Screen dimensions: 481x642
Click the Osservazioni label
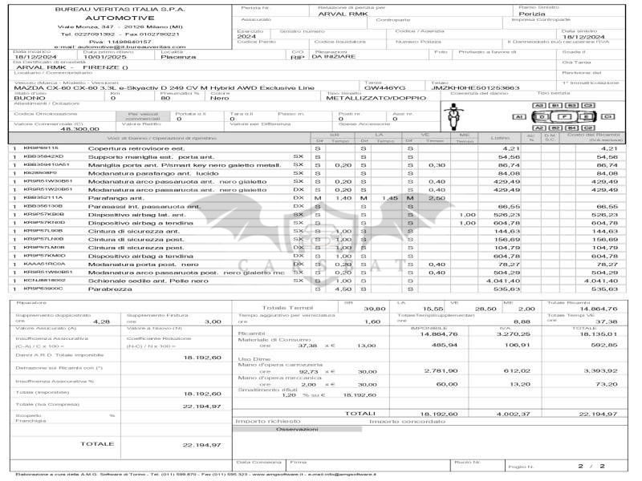[296, 429]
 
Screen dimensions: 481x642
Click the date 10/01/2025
[102, 57]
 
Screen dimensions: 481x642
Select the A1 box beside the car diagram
[518, 117]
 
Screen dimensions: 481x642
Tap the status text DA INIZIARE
[333, 57]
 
